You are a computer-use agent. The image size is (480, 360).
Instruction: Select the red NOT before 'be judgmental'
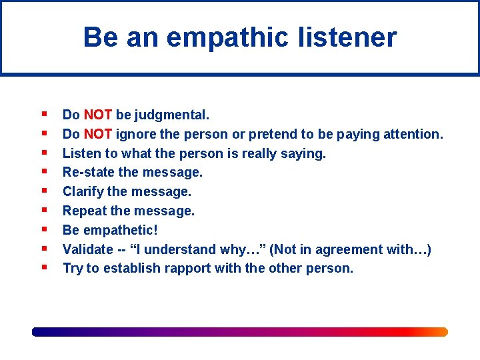(98, 115)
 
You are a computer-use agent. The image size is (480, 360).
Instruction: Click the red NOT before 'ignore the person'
(98, 134)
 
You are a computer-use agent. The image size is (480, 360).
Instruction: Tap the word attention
(413, 134)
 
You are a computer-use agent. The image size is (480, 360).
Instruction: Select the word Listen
(79, 153)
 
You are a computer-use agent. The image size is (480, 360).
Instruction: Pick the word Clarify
(83, 192)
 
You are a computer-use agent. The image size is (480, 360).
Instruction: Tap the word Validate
(88, 249)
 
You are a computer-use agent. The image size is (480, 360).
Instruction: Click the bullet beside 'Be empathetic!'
(43, 230)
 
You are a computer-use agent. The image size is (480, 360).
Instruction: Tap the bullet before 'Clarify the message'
(43, 191)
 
